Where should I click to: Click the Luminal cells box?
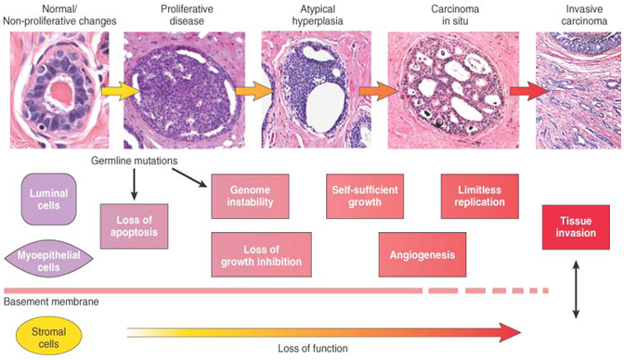(x=49, y=198)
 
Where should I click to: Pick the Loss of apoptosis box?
(x=135, y=225)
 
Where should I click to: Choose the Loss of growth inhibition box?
(x=256, y=255)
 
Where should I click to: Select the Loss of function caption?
(x=313, y=349)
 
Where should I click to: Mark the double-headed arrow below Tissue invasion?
(x=577, y=290)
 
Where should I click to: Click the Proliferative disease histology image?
(x=184, y=90)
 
